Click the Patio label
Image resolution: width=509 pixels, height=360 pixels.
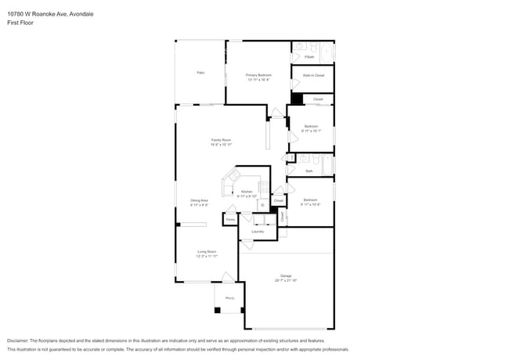click(x=200, y=72)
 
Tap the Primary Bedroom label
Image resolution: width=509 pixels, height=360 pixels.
click(x=258, y=75)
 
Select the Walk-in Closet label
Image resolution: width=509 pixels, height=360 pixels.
click(x=313, y=75)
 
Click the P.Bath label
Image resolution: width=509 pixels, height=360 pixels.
click(x=309, y=56)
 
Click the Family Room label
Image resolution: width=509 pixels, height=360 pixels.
click(x=221, y=140)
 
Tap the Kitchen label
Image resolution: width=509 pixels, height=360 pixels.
click(x=247, y=192)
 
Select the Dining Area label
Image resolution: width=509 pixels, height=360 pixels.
click(x=199, y=200)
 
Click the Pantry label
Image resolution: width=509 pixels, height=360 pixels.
click(x=230, y=220)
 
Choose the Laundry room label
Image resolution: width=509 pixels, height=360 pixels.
click(x=258, y=232)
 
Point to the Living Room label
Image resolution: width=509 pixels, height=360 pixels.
click(x=207, y=251)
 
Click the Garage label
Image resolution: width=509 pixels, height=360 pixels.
click(x=286, y=275)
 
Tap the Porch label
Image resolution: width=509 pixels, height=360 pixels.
click(x=229, y=298)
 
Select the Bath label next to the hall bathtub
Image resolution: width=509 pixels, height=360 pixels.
click(x=309, y=171)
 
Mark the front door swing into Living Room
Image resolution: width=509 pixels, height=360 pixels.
click(x=226, y=276)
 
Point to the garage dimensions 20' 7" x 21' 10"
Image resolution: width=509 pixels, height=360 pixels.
click(x=286, y=280)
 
